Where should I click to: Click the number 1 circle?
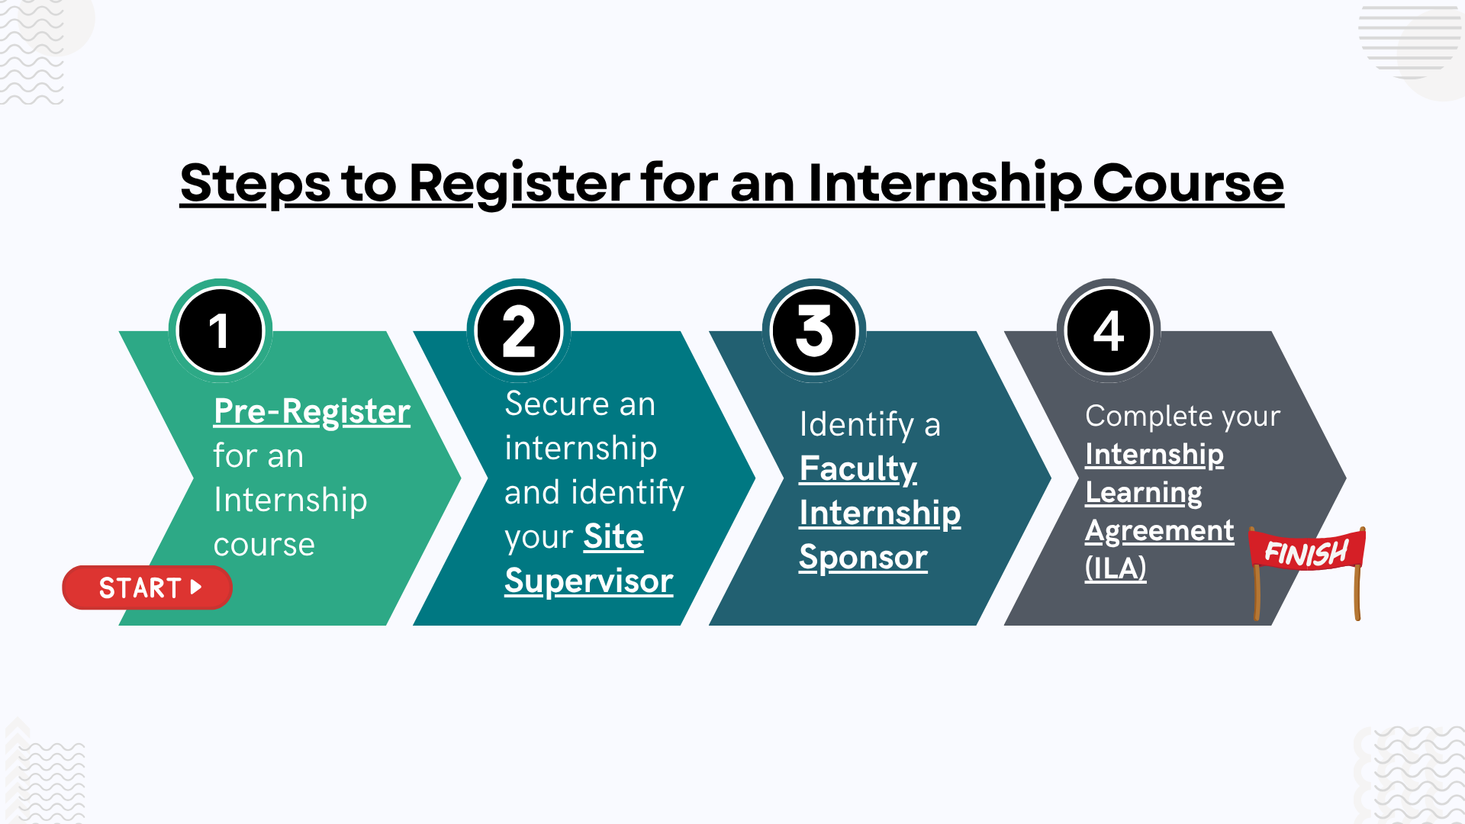coord(221,331)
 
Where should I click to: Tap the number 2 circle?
coord(519,331)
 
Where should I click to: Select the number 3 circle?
coord(814,331)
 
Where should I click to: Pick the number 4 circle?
coord(1109,331)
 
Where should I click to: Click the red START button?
coord(146,587)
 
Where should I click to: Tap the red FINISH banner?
coord(1306,552)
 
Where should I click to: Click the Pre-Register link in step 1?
coord(311,411)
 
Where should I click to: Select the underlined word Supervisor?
coord(588,581)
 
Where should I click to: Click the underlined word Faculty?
coord(858,468)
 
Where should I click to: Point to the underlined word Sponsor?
coord(863,558)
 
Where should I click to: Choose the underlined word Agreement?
coord(1159,530)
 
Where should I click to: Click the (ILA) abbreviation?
coord(1116,568)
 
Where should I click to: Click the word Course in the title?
coord(1188,183)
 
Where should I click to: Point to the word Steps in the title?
coord(255,183)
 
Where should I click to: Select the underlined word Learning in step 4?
coord(1143,493)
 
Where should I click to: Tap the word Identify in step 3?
coord(856,425)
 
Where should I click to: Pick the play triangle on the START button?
coord(196,587)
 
